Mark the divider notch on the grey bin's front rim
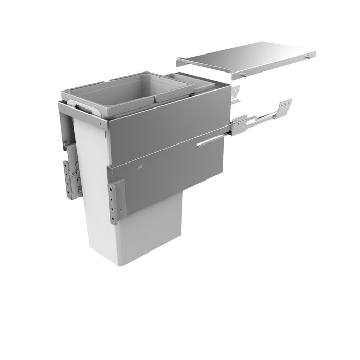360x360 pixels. [155, 98]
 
